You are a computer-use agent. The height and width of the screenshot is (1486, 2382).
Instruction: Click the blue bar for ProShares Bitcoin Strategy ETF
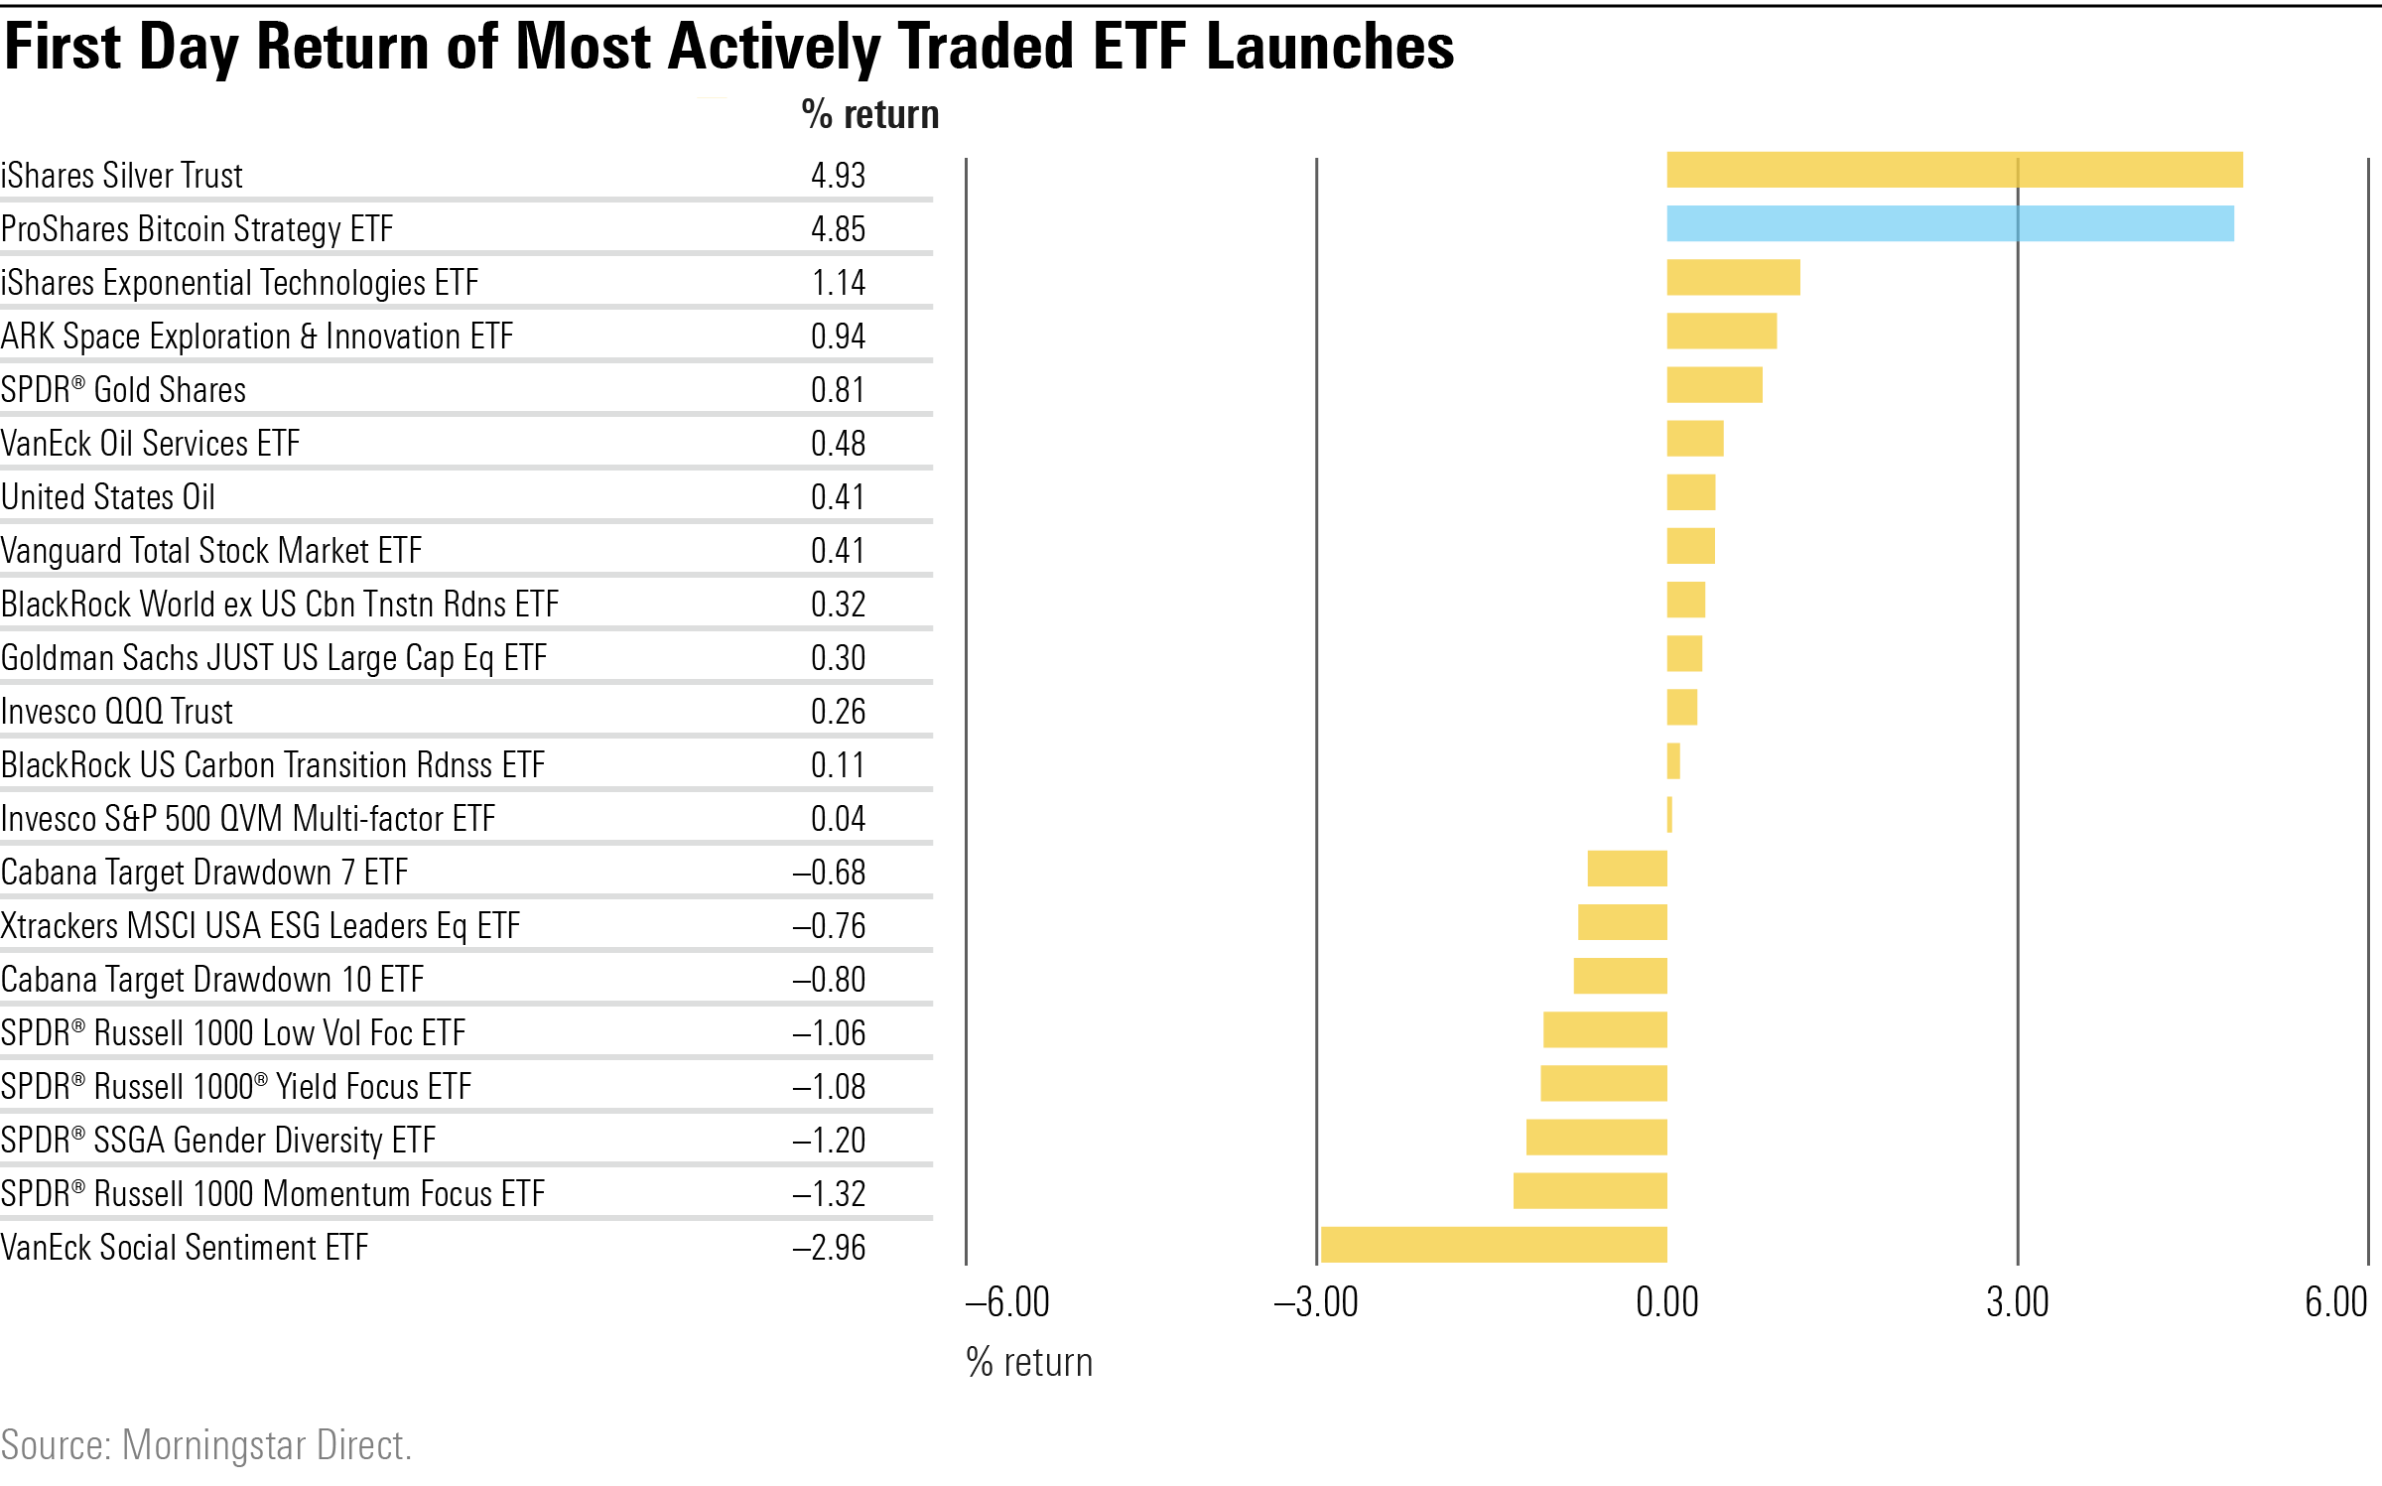tap(1950, 223)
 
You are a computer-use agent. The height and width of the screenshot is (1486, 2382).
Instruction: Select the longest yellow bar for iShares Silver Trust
tap(1954, 170)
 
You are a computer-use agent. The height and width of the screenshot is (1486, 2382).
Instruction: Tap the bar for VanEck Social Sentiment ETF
tap(1494, 1244)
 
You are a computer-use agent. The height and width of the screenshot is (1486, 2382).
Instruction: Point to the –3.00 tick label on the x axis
tap(1316, 1302)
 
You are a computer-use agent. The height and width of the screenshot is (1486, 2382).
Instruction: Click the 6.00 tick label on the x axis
tap(2335, 1302)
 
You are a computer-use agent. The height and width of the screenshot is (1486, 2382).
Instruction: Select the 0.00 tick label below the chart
tap(1667, 1302)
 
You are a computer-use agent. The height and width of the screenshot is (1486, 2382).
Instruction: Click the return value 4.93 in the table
tap(838, 176)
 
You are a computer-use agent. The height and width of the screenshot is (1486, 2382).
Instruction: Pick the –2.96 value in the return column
tap(830, 1248)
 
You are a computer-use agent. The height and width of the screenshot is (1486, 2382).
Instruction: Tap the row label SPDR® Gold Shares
tap(123, 390)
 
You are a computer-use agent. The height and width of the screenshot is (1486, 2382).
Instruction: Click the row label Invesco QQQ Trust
tap(117, 712)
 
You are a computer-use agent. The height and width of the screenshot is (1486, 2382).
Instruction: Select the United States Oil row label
tap(108, 497)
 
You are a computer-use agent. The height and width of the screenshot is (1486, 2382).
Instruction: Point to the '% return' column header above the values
tap(869, 115)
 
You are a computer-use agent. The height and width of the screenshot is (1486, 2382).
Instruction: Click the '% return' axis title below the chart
tap(1029, 1362)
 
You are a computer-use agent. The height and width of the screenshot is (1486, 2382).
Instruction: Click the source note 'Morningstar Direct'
tap(266, 1445)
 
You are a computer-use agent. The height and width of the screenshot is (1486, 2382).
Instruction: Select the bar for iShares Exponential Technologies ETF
tap(1733, 277)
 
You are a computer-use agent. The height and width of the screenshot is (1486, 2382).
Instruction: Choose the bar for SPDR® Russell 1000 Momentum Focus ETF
tap(1590, 1190)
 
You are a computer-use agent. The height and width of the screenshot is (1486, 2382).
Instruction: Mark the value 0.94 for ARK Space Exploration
tap(838, 337)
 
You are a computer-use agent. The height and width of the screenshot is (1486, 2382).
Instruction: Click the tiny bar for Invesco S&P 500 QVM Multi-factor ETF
tap(1669, 815)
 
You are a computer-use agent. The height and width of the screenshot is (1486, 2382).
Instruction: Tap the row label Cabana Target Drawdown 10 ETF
tap(212, 980)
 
